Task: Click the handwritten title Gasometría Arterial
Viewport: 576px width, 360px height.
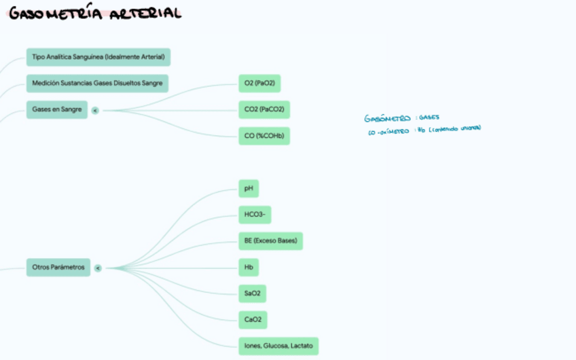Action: tap(96, 13)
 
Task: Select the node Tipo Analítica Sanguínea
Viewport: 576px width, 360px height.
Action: tap(98, 57)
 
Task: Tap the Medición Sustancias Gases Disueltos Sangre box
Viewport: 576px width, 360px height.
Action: tap(97, 84)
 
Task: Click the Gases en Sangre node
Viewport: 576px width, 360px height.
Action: tap(57, 109)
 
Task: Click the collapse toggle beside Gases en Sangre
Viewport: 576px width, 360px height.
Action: tap(95, 110)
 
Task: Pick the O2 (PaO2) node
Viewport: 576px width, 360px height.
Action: tap(259, 84)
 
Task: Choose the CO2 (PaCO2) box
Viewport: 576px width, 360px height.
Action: tap(264, 109)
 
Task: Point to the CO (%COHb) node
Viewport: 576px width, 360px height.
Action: tap(264, 136)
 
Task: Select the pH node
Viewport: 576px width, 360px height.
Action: tap(248, 188)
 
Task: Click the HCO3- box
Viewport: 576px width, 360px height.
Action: tap(255, 215)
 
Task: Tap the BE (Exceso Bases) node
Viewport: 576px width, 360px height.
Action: tap(270, 241)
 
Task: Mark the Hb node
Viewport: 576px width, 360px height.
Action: tap(249, 268)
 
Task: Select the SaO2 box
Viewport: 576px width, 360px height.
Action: tap(252, 293)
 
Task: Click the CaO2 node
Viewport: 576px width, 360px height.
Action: tap(252, 320)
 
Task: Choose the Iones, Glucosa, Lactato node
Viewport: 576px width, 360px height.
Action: tap(278, 346)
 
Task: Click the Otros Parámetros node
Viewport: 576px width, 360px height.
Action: tap(58, 268)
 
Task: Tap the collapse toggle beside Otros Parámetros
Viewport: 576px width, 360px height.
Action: tap(98, 268)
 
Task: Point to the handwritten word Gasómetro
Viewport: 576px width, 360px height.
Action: tap(387, 118)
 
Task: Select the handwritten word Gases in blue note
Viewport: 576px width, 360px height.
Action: tap(429, 118)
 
